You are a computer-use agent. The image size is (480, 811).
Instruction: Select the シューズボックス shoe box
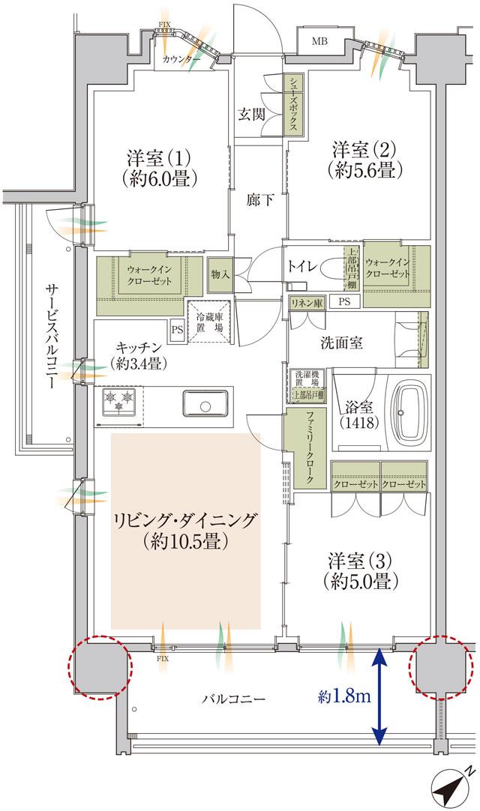293,105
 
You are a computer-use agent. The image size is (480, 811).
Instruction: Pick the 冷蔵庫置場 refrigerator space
208,322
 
